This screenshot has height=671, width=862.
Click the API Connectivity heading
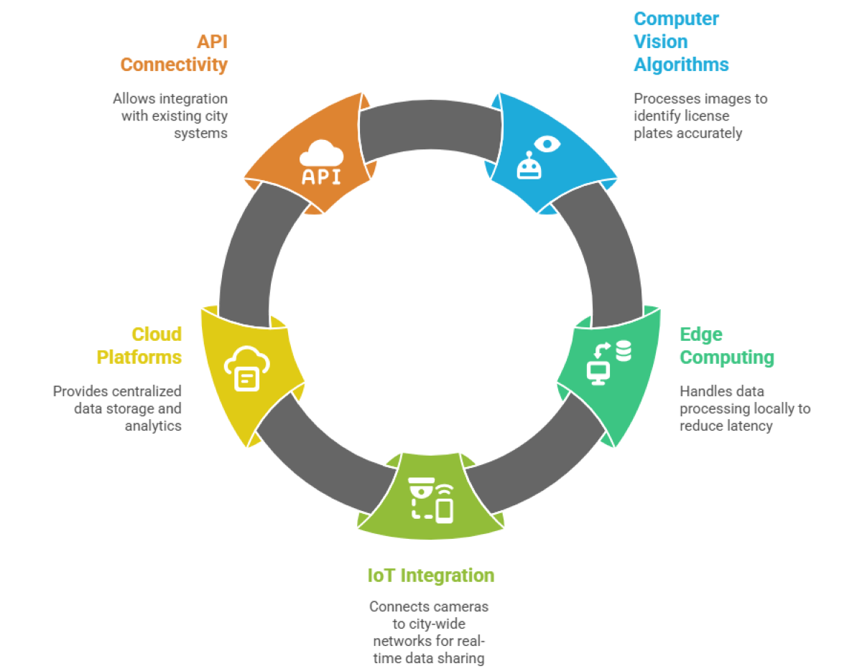(x=174, y=52)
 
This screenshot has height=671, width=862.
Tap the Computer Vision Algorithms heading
(x=680, y=41)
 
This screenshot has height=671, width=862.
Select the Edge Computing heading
(x=726, y=345)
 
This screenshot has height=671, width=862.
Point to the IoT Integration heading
(x=430, y=575)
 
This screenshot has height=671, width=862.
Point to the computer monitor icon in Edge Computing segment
(x=598, y=372)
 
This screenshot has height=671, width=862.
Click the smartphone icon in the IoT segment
(x=445, y=510)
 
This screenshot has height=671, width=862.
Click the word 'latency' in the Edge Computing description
(x=747, y=426)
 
